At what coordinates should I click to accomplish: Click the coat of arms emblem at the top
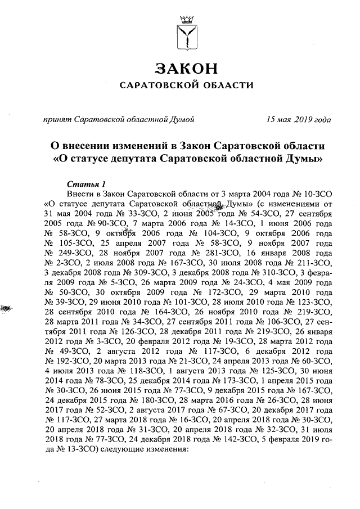[185, 33]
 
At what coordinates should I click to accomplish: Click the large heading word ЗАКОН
[186, 69]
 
